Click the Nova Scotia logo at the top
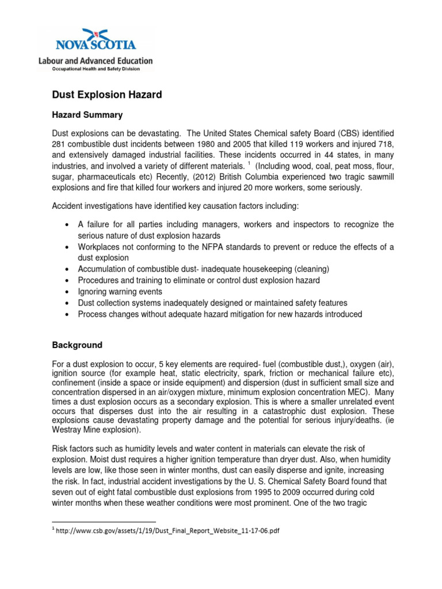(95, 39)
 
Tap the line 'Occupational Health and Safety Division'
(95, 68)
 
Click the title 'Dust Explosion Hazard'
(107, 95)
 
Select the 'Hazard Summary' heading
(87, 115)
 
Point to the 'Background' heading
(77, 345)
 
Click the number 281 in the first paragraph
(60, 143)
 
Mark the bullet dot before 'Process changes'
(68, 315)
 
